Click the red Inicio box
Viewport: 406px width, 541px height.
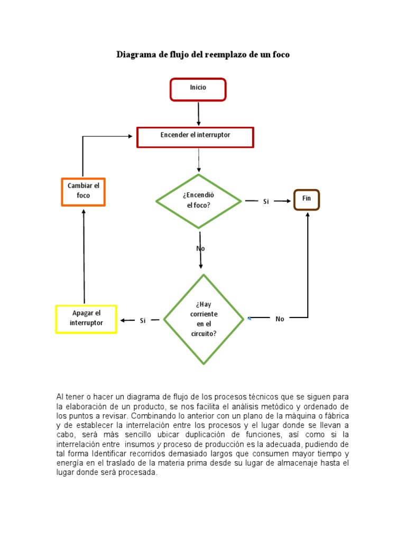coord(198,89)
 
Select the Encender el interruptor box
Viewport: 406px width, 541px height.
coord(195,136)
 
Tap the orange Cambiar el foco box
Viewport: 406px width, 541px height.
coord(83,191)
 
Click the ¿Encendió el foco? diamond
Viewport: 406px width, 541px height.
coord(198,200)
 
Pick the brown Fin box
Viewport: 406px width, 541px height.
coord(307,200)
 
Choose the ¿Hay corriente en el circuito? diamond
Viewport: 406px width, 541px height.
coord(204,319)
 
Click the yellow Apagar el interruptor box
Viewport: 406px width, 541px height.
coord(86,319)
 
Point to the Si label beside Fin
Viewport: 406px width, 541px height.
coord(266,201)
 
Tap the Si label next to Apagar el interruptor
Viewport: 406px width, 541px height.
coord(143,321)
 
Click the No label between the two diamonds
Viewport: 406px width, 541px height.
coord(200,248)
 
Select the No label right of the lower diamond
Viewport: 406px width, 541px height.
coord(280,319)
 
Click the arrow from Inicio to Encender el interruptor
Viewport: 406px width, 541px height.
coord(199,113)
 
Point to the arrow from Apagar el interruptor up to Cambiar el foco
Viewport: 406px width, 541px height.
coord(84,254)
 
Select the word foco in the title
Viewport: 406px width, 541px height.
coord(280,54)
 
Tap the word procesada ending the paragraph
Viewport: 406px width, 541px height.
coord(139,473)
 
